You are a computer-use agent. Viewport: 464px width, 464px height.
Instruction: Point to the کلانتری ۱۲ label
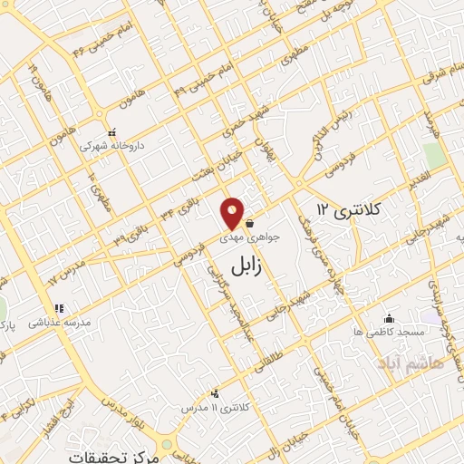tap(350, 210)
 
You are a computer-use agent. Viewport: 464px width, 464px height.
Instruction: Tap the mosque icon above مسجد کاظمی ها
tap(390, 318)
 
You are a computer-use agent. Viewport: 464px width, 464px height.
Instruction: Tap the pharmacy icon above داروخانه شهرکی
tap(111, 131)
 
